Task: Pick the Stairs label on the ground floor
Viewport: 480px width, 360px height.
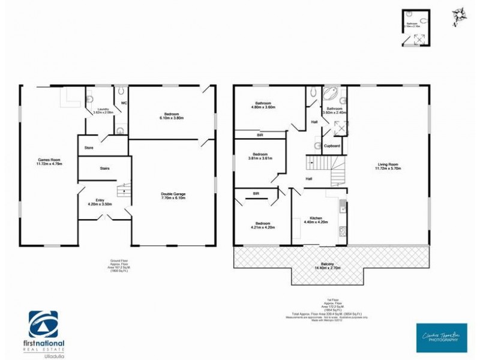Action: [x=104, y=168]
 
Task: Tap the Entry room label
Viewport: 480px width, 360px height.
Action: [x=100, y=200]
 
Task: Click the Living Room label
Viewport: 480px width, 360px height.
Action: [x=388, y=165]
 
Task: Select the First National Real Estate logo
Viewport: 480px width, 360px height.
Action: [x=47, y=329]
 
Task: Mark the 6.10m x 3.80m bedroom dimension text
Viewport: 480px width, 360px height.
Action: [x=172, y=118]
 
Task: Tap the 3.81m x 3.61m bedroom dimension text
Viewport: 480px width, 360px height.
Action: [x=260, y=158]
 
